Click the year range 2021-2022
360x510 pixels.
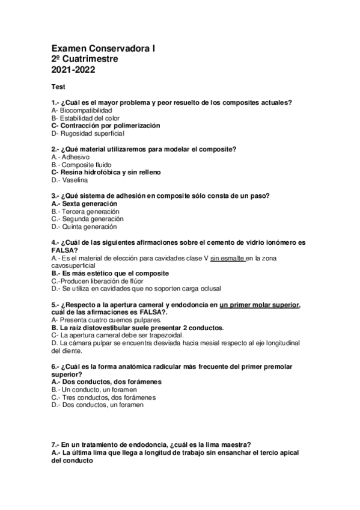(x=73, y=70)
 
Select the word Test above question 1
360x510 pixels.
(x=58, y=87)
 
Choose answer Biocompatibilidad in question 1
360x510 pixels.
(x=82, y=111)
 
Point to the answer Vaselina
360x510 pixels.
(x=75, y=180)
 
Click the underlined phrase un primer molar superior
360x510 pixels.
(x=260, y=305)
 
